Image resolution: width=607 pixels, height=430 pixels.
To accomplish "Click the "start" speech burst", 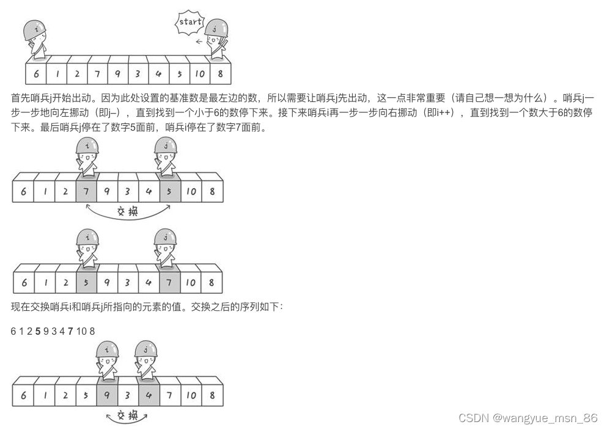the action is pos(189,23).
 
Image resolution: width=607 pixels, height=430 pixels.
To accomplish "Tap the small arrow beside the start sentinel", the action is pos(199,42).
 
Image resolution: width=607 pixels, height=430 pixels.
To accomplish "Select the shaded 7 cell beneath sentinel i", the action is pos(86,191).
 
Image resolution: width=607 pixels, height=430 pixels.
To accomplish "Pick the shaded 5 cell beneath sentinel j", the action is pos(170,191).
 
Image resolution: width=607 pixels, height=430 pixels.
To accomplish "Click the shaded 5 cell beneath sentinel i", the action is pos(86,282).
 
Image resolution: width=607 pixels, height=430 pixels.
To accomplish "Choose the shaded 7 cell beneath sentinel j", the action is pos(170,282).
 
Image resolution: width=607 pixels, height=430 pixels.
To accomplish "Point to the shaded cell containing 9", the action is pos(107,395).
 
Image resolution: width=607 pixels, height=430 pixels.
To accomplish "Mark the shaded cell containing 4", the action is pos(149,395).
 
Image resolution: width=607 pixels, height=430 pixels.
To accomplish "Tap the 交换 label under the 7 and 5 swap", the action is pos(128,212).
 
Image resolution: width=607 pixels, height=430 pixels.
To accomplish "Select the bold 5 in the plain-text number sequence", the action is pos(38,331).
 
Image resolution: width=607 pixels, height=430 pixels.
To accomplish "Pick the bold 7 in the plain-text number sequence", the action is pos(70,331).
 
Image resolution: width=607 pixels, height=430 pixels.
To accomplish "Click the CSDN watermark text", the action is pos(528,418).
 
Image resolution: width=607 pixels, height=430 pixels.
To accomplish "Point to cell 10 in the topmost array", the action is pos(200,75).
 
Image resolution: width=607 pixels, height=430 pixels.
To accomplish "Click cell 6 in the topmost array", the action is pos(36,75).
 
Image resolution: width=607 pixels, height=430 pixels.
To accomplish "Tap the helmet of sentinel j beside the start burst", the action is pos(216,27).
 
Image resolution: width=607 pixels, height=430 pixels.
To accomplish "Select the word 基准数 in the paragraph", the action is pos(196,98).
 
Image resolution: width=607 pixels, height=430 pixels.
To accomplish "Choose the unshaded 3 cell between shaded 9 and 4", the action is pos(128,395).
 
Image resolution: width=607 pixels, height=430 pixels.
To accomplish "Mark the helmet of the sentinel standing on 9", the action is pos(107,349).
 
